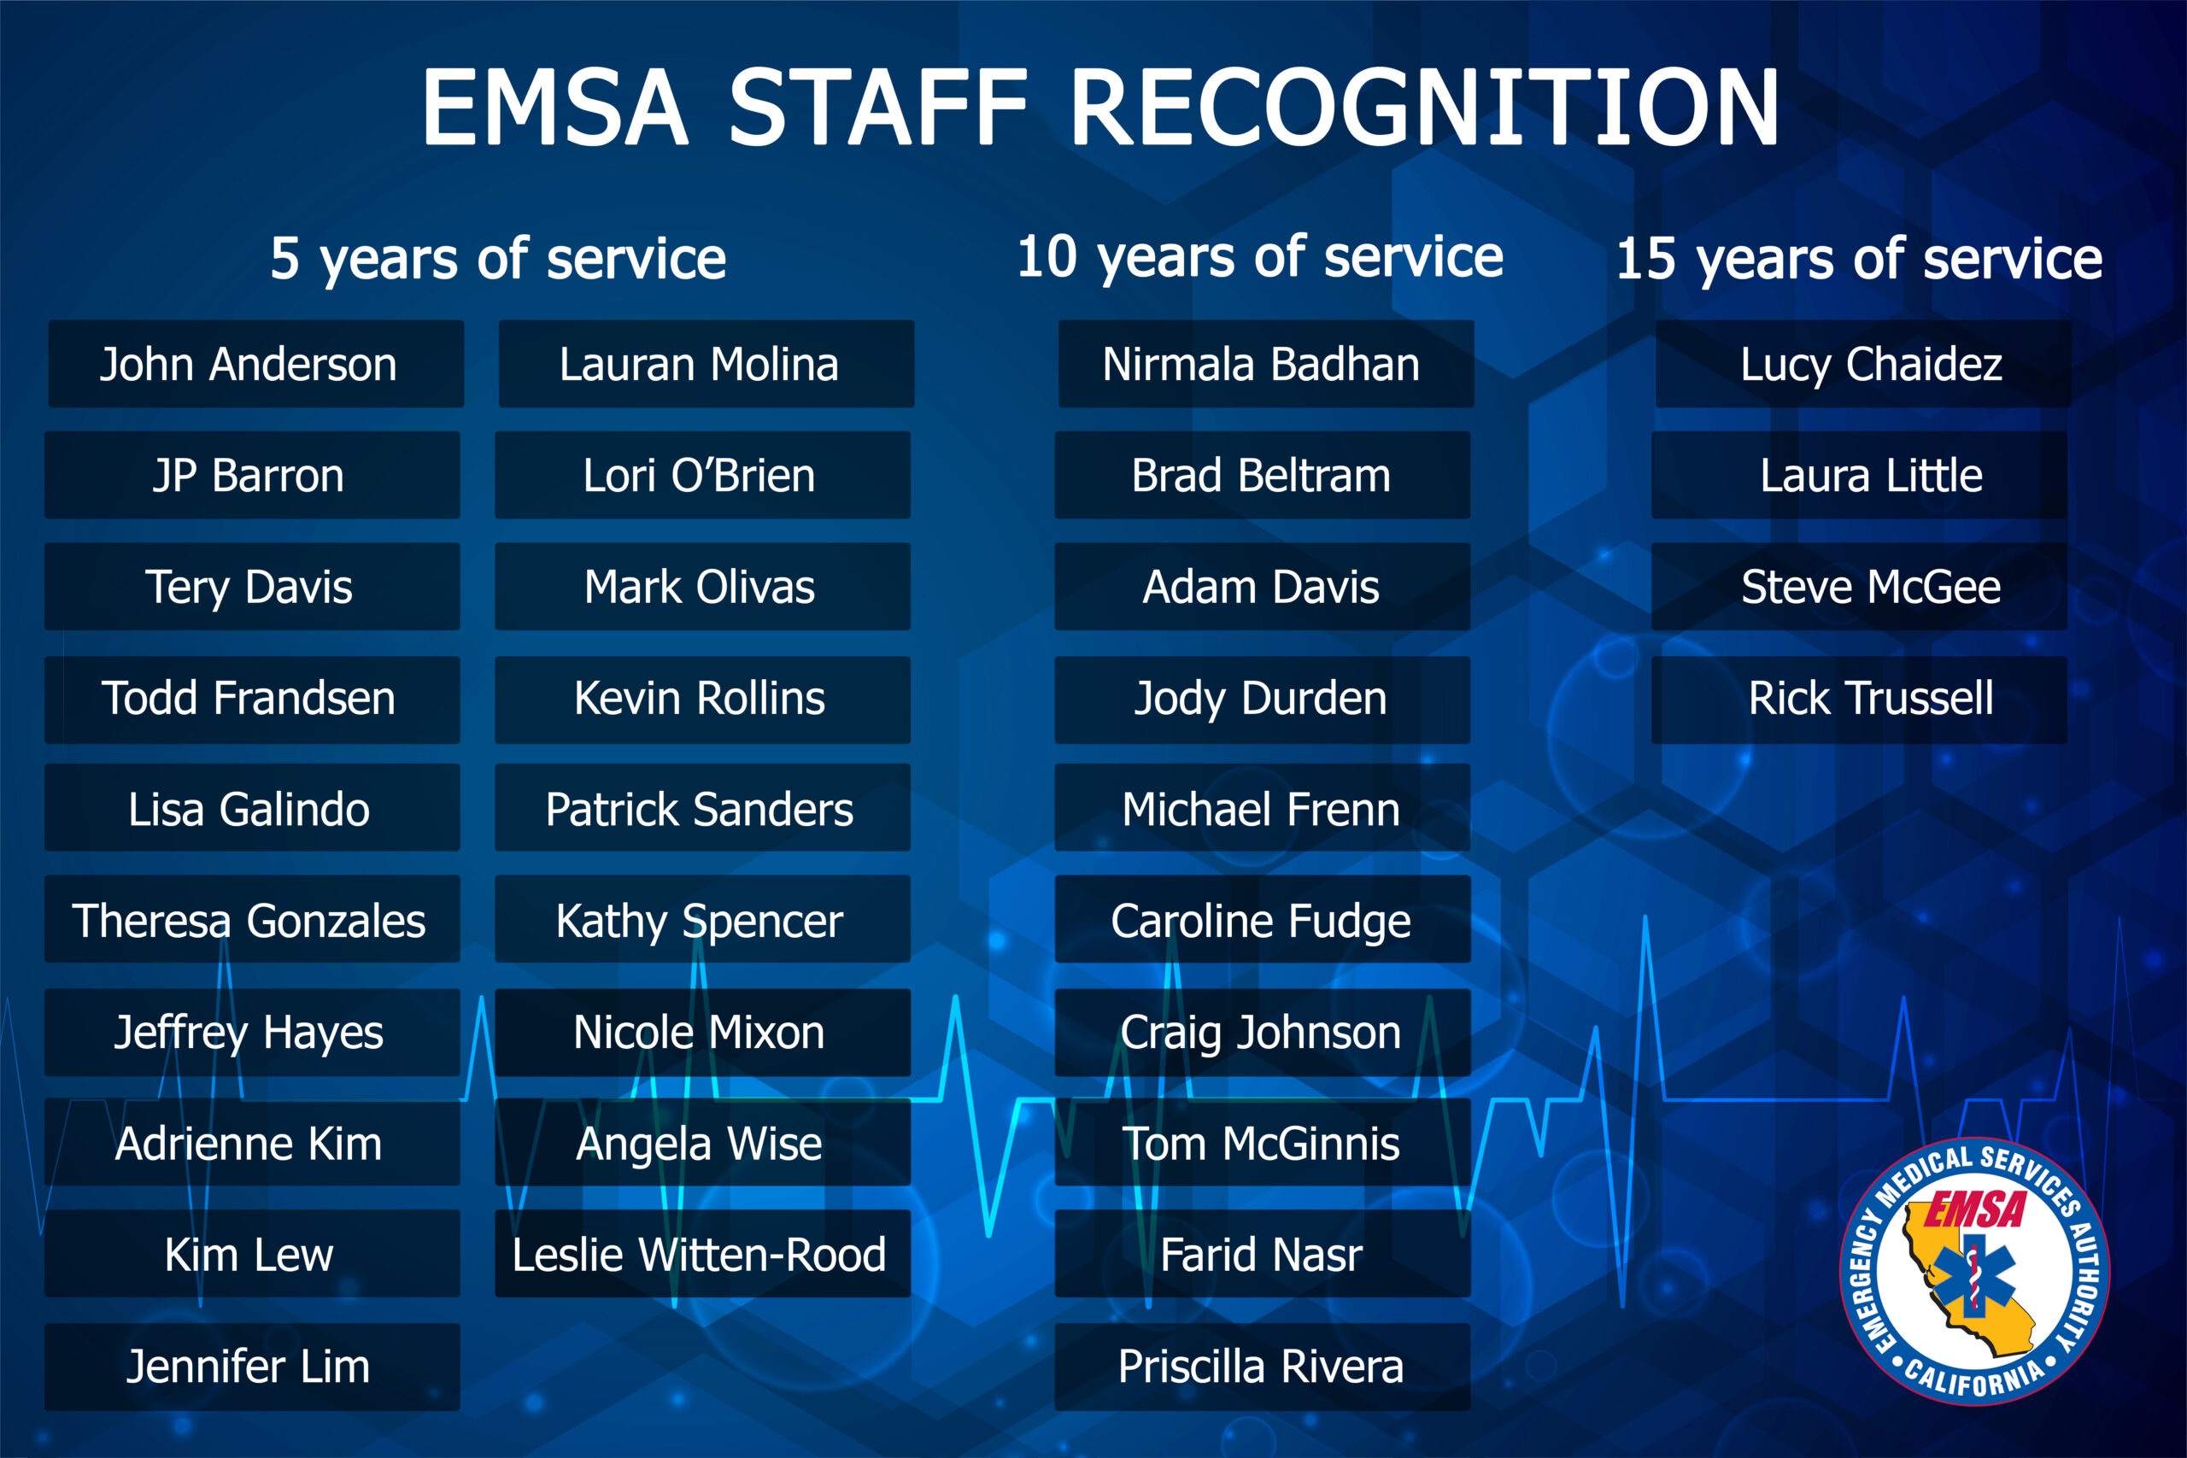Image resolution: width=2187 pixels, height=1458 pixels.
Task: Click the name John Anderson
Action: pyautogui.click(x=249, y=365)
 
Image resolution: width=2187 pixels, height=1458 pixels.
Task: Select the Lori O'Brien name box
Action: pyautogui.click(x=700, y=475)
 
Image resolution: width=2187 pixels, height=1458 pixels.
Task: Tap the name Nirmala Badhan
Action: pyautogui.click(x=1261, y=365)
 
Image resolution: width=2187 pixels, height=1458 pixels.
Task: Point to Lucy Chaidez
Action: pyautogui.click(x=1871, y=365)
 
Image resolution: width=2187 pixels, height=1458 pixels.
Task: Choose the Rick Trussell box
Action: pyautogui.click(x=1871, y=699)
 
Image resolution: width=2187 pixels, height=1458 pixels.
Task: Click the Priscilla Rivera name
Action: pyautogui.click(x=1261, y=1366)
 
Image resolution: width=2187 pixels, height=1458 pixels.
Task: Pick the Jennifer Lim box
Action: pyautogui.click(x=249, y=1366)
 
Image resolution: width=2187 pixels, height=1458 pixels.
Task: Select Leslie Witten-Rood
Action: pyautogui.click(x=700, y=1255)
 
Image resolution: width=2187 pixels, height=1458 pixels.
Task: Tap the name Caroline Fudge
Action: pyautogui.click(x=1261, y=921)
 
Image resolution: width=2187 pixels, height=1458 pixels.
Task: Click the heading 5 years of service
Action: pyautogui.click(x=498, y=259)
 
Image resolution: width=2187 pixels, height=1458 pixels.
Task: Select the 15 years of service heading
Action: pyautogui.click(x=1859, y=259)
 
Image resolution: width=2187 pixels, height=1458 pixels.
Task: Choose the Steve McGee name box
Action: pyautogui.click(x=1871, y=587)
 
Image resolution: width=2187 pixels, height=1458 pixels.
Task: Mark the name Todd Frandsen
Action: pyautogui.click(x=249, y=699)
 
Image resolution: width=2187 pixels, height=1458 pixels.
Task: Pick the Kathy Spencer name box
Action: pyautogui.click(x=700, y=921)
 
